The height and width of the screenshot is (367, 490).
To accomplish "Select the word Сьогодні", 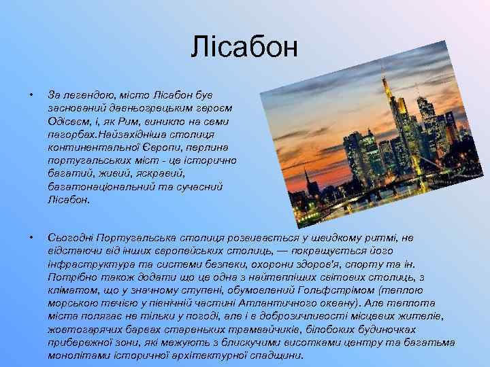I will pos(71,237).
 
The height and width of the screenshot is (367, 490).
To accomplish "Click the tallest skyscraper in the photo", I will pos(390,122).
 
